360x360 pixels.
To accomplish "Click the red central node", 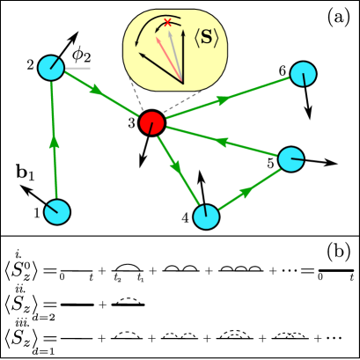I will click(x=151, y=123).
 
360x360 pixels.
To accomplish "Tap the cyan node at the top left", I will click(x=51, y=68).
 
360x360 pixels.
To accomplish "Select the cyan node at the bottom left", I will click(x=57, y=212).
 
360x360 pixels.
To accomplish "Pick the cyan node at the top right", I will click(x=303, y=74).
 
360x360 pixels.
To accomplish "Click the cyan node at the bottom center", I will click(x=206, y=217).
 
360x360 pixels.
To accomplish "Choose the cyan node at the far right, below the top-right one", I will click(x=290, y=159).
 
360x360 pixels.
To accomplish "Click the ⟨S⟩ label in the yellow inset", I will click(x=206, y=38).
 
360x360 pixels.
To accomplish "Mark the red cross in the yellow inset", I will click(x=167, y=23).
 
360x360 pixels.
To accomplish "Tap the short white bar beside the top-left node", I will click(x=77, y=69).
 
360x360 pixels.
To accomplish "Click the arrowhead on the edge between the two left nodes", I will click(x=55, y=141).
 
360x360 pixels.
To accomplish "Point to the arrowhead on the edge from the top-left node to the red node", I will click(x=96, y=90).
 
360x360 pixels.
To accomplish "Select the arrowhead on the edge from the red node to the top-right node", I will click(x=223, y=100).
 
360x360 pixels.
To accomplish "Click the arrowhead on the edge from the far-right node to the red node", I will click(x=221, y=142).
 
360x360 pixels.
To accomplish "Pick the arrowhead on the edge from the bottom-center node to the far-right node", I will click(x=246, y=192).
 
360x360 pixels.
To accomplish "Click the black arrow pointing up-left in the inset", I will click(x=158, y=67).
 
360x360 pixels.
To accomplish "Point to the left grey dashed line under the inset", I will click(x=136, y=93).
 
